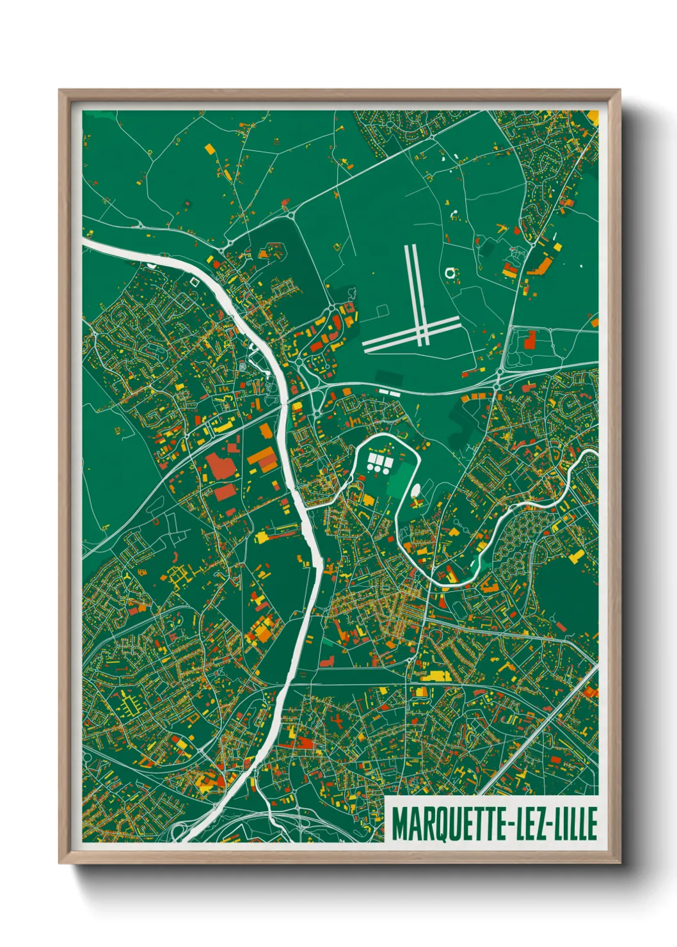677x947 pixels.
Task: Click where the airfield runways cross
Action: pyautogui.click(x=422, y=331)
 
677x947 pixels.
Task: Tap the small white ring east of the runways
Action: pyautogui.click(x=450, y=273)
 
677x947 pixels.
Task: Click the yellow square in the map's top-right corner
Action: pyautogui.click(x=593, y=117)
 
